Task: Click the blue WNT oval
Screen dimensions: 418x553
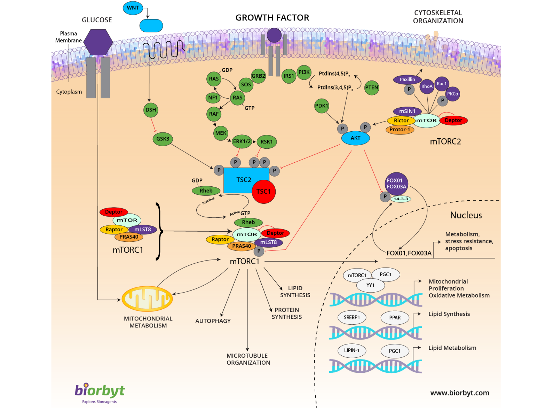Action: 133,8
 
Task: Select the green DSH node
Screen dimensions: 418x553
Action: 151,110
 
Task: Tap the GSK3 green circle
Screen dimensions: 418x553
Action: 163,139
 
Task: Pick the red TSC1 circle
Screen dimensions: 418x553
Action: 264,192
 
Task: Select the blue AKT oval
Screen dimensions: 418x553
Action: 355,138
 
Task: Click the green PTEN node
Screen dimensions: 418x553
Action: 372,88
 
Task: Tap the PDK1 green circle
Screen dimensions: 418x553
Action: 321,106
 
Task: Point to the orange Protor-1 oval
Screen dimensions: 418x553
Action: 400,130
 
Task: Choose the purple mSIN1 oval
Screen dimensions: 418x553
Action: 407,111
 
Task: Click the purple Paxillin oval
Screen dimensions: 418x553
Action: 407,79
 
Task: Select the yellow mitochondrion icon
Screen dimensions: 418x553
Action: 147,299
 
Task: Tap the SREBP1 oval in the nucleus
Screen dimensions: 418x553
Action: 352,318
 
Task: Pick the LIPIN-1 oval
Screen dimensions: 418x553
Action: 352,351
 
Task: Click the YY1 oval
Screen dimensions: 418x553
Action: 370,286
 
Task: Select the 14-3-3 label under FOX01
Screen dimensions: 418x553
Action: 401,199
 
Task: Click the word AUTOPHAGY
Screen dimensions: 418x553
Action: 213,321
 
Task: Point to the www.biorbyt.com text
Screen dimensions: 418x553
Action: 460,393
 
